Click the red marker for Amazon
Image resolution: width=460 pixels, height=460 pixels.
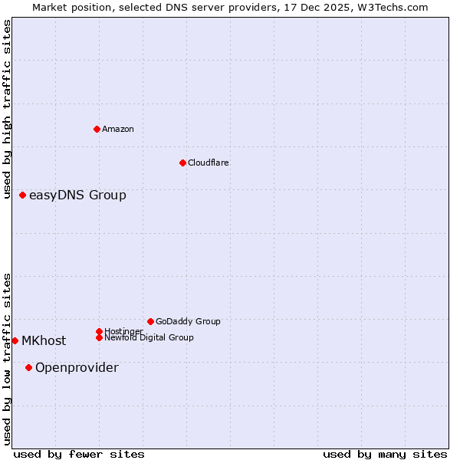coord(97,129)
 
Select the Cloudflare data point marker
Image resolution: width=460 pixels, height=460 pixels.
coord(182,163)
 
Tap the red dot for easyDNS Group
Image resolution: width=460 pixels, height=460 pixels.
coord(23,195)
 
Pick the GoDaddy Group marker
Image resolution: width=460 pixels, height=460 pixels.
coord(150,321)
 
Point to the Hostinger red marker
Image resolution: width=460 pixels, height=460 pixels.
coord(99,331)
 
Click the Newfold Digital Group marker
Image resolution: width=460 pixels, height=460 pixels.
coord(99,337)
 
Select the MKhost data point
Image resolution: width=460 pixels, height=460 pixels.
coord(15,340)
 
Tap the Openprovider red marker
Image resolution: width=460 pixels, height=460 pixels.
coord(29,367)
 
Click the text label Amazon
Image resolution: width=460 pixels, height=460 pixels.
coord(118,129)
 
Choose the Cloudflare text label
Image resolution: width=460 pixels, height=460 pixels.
coord(208,163)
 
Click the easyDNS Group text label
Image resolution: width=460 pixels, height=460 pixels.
coord(77,195)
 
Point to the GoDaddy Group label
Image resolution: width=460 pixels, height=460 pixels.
coord(188,321)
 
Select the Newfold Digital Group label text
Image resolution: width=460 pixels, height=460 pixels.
coord(149,337)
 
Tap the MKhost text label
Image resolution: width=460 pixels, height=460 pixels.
coord(44,341)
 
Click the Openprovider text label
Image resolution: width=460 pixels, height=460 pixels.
coord(77,368)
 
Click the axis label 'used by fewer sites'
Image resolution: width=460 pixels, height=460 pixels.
coord(79,455)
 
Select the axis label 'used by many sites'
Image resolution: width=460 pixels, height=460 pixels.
coord(385,455)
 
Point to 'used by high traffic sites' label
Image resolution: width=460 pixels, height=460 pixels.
coord(8,110)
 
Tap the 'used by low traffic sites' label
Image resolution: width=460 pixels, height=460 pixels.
coord(8,359)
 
